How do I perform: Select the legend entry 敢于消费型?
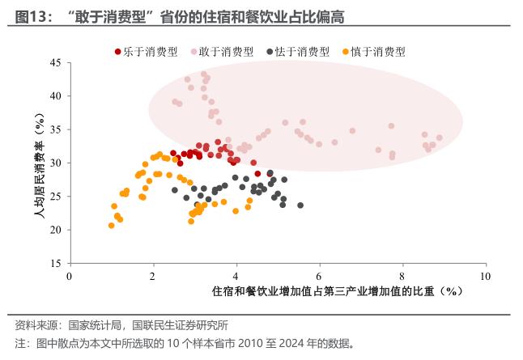pyautogui.click(x=225, y=51)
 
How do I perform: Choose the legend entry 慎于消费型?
pyautogui.click(x=377, y=51)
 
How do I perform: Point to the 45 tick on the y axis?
pyautogui.click(x=55, y=62)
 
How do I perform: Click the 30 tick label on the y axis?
pyautogui.click(x=55, y=163)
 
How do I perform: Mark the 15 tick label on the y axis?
pyautogui.click(x=55, y=264)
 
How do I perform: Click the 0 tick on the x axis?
pyautogui.click(x=70, y=276)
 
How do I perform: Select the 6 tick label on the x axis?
pyautogui.click(x=320, y=276)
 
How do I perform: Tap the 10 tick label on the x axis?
pyautogui.click(x=485, y=276)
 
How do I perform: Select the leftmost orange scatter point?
pyautogui.click(x=112, y=226)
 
